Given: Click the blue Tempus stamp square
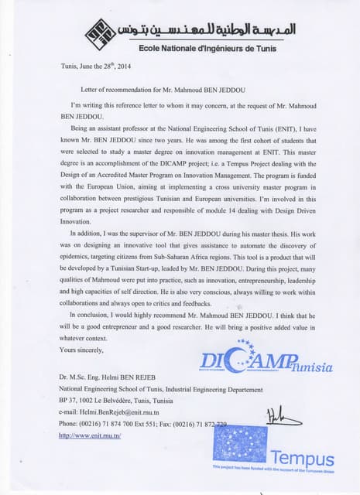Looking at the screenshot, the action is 239,444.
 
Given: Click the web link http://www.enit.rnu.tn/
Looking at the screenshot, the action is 90,435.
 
